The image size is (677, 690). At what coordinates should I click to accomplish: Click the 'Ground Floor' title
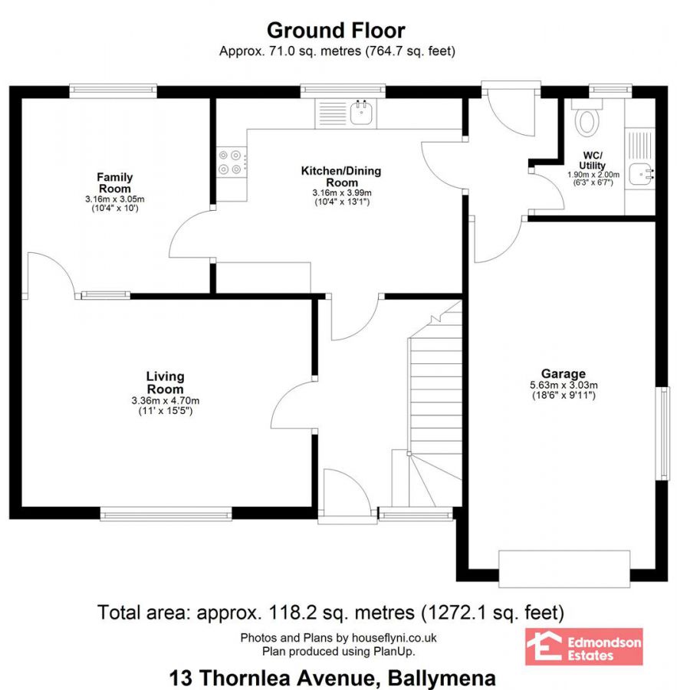coord(336,31)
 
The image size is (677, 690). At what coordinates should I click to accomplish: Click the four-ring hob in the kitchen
coord(231,161)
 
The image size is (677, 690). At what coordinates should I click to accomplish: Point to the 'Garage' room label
coord(567,374)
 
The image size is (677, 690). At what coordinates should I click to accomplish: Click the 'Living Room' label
coord(166,383)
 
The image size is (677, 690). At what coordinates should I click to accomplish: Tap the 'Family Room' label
coord(114,183)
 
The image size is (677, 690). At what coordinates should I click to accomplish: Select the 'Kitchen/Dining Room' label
coord(340,176)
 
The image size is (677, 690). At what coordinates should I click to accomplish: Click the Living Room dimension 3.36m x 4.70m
coord(166,400)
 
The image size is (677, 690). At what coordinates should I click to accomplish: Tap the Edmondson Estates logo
coord(583,646)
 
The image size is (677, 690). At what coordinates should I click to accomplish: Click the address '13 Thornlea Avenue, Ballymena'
coord(332,678)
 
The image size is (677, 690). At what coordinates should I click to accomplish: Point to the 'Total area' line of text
coord(330,613)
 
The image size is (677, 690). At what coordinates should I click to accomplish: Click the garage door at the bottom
coord(564,569)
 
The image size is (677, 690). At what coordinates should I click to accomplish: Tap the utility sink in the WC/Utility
coord(641,175)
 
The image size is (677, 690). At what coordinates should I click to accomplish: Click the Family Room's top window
coord(113,90)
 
